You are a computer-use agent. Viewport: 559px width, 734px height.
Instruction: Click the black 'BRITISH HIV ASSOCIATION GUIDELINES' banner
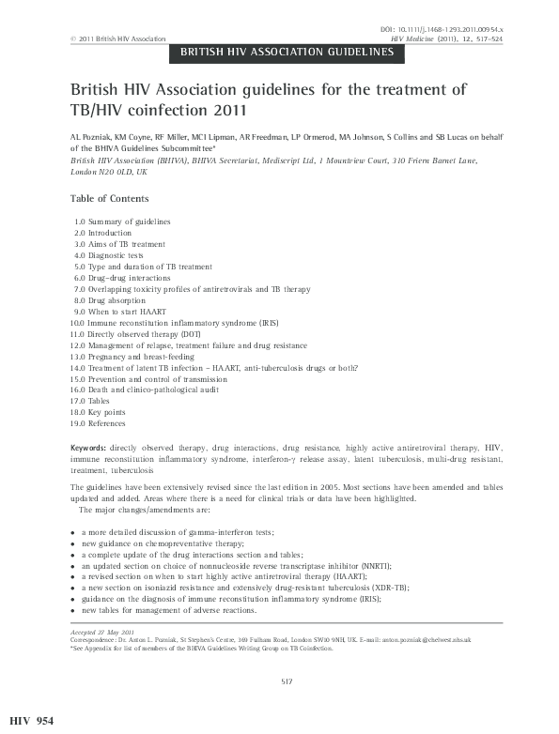287,53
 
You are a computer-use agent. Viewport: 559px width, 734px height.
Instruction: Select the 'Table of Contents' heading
109,199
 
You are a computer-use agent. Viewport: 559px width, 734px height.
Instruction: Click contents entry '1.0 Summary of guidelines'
122,222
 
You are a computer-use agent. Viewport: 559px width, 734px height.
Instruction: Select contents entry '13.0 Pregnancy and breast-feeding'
133,357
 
